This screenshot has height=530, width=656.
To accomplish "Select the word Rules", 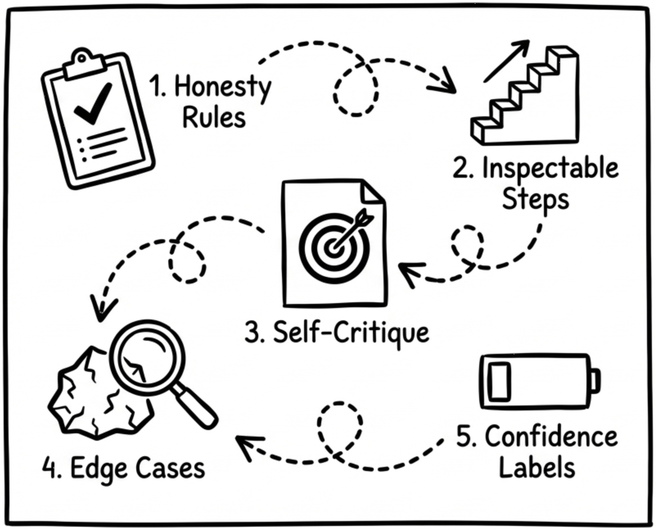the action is click(214, 118).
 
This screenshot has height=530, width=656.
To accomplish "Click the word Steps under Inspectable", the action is click(536, 200).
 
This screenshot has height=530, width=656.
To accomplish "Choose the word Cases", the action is click(170, 468).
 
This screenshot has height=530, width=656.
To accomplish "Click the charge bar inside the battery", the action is click(500, 382).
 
